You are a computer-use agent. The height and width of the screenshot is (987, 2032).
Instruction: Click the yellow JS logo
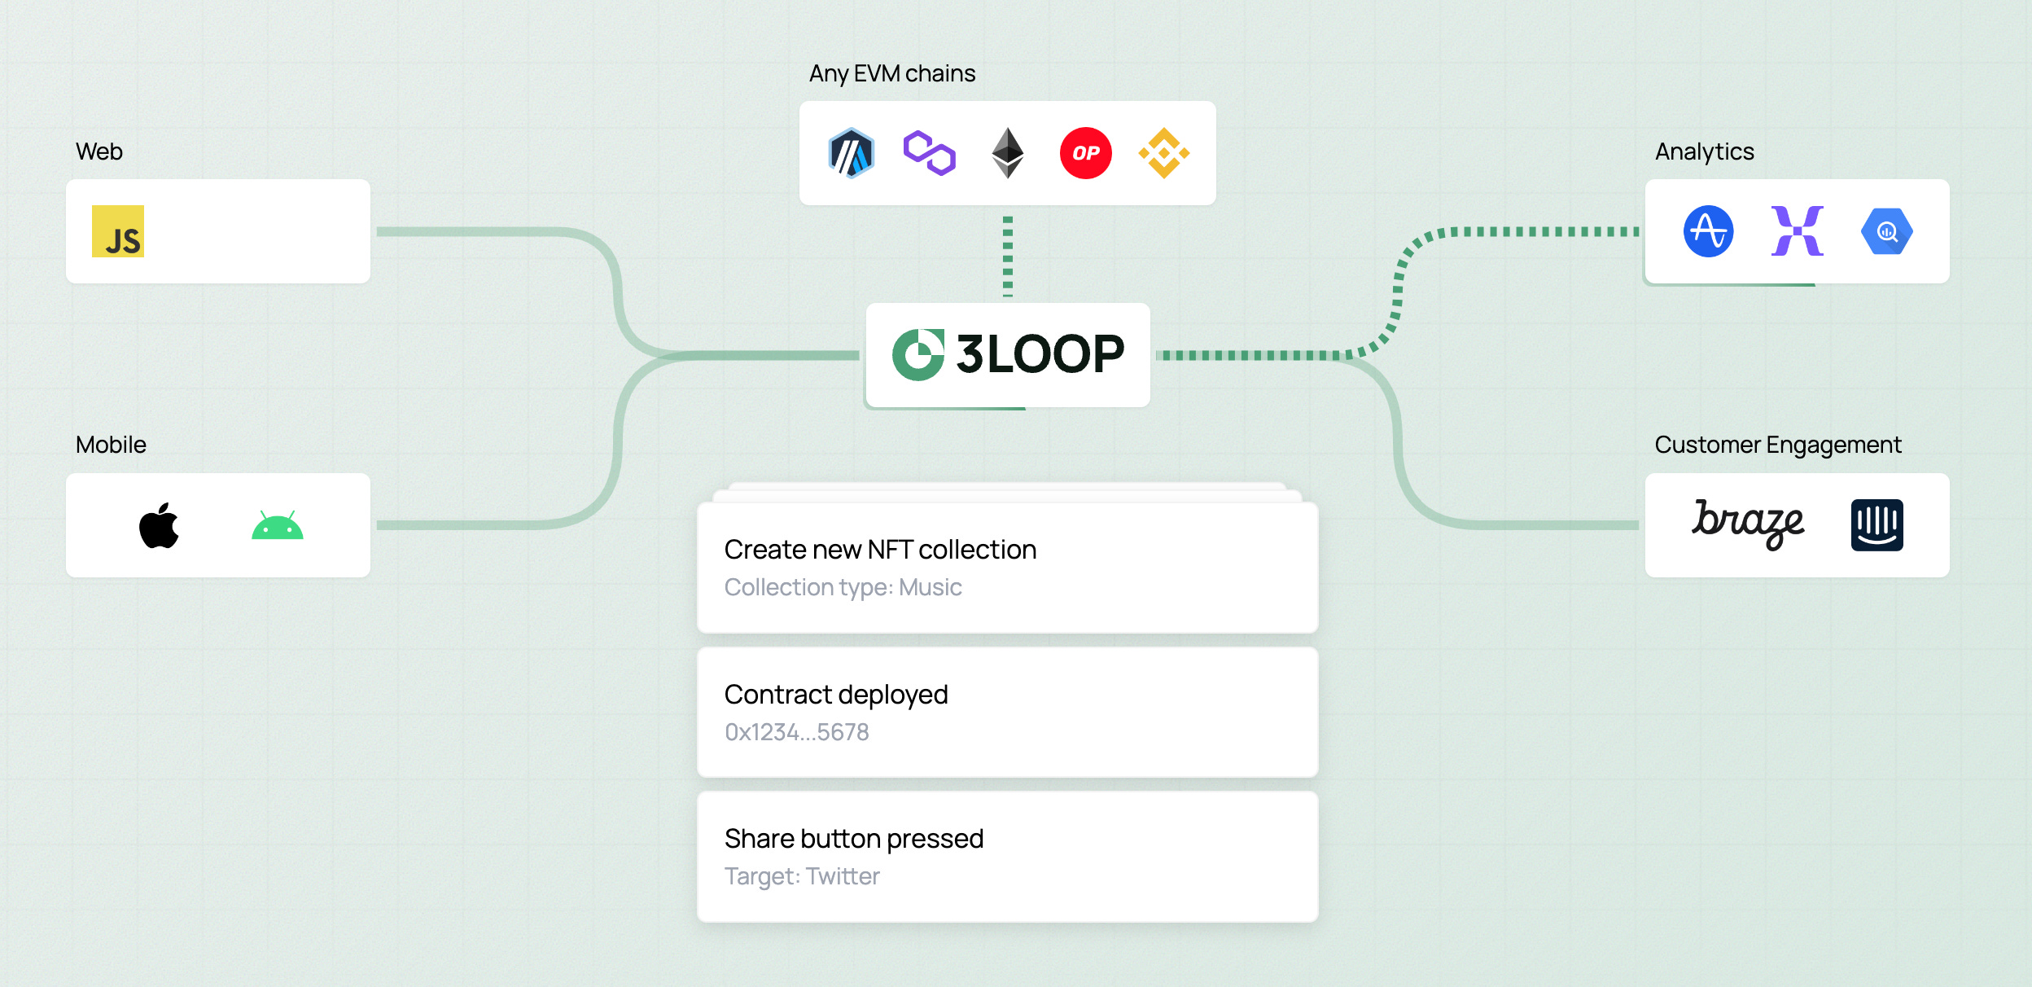pos(118,231)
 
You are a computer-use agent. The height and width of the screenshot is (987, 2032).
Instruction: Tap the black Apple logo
pos(159,526)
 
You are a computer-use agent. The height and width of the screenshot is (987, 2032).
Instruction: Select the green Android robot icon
pos(278,526)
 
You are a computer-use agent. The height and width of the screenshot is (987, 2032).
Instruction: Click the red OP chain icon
pos(1085,153)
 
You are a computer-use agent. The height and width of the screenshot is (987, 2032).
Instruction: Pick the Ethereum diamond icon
pos(1007,153)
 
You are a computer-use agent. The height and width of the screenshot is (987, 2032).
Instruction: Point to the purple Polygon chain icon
pos(929,153)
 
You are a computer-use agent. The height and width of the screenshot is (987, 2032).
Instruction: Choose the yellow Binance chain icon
pos(1163,153)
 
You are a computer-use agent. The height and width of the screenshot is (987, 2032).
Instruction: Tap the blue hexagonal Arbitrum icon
pos(851,153)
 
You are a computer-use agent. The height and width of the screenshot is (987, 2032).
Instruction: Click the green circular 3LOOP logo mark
pos(917,355)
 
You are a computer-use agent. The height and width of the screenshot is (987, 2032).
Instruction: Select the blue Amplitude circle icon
pos(1708,231)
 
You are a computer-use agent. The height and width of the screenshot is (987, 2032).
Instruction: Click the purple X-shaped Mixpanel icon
pos(1797,231)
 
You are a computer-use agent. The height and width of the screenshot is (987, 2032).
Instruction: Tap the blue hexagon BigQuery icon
pos(1886,231)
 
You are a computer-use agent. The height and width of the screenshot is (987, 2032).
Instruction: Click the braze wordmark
pos(1748,524)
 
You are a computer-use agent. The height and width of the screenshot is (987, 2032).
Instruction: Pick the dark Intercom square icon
pos(1877,525)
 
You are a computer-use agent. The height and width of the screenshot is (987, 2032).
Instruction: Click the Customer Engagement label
pos(1778,445)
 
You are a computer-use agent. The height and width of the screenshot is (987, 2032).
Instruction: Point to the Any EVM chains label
pos(892,73)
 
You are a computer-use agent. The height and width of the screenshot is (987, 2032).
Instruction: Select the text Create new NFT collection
pos(880,550)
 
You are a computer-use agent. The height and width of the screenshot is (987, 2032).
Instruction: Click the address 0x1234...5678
pos(796,732)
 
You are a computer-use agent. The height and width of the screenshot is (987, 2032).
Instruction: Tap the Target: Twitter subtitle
pos(802,876)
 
